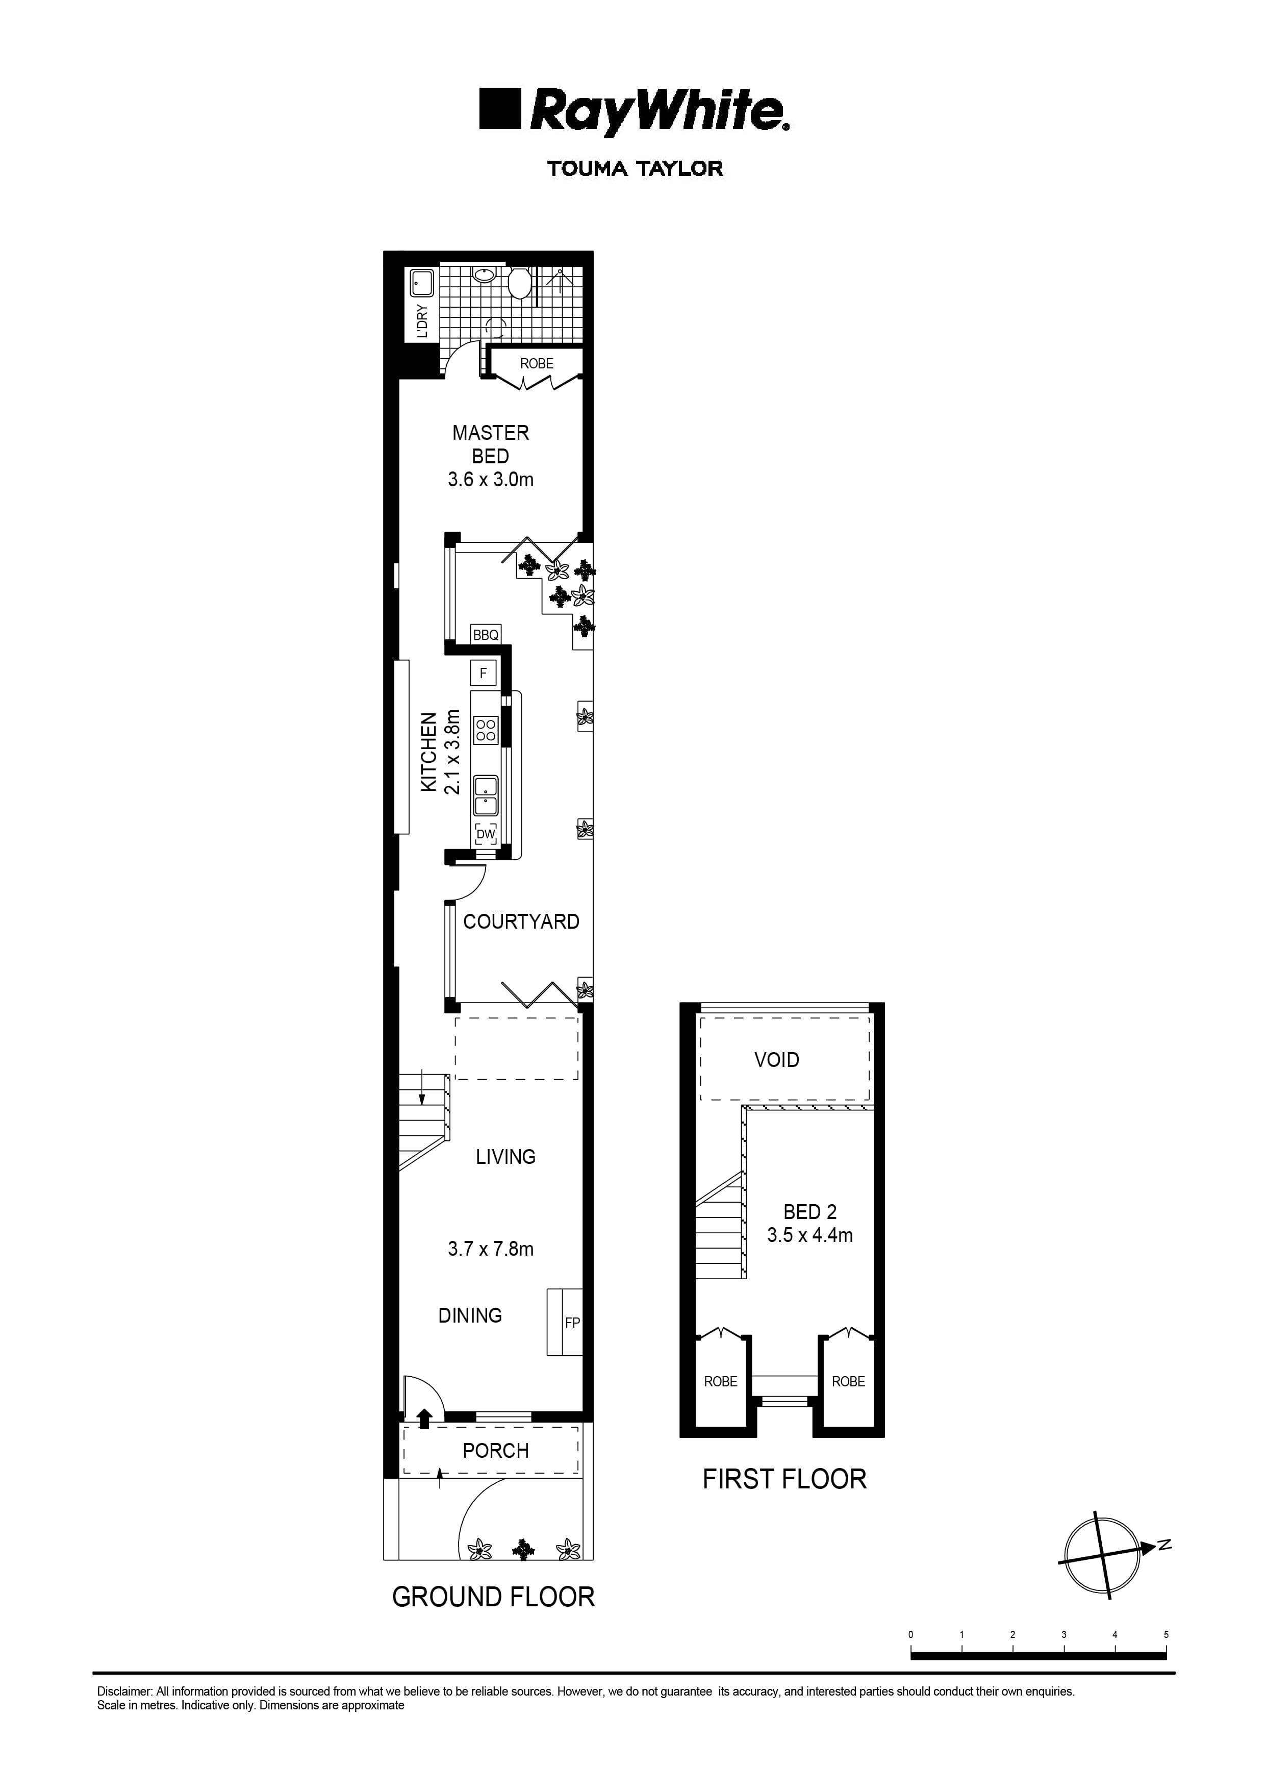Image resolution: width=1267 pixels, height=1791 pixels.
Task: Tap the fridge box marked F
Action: click(x=483, y=673)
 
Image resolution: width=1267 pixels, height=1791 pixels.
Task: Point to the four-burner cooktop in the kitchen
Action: click(x=485, y=730)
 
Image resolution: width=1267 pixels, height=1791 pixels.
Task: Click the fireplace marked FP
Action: click(x=572, y=1323)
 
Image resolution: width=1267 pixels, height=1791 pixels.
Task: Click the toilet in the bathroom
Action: click(x=518, y=285)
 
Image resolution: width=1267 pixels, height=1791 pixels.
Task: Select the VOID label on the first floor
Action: click(x=776, y=1060)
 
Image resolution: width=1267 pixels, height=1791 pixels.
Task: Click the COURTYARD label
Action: click(x=521, y=922)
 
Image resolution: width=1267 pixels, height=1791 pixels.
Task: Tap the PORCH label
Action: click(x=495, y=1451)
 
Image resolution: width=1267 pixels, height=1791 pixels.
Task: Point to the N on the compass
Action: click(x=1164, y=1545)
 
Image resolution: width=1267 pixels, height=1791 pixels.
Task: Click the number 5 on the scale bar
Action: click(x=1165, y=1634)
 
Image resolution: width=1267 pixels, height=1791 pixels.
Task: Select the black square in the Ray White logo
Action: click(x=499, y=109)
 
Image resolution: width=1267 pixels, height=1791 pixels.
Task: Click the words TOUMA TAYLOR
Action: click(x=635, y=168)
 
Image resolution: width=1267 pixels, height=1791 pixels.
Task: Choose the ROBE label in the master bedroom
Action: click(x=537, y=364)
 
